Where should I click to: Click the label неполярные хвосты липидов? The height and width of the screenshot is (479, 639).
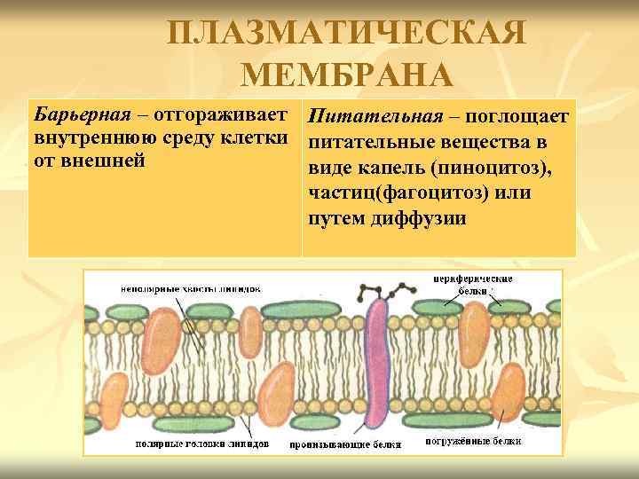192,288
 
